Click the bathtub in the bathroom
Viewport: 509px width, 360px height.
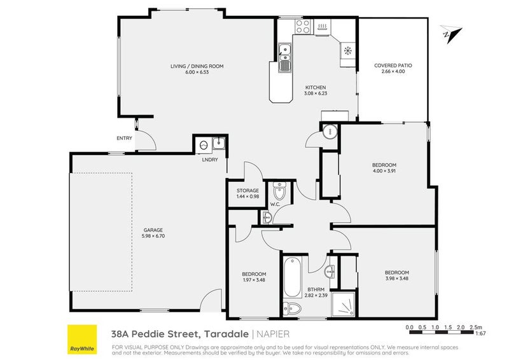[292, 277]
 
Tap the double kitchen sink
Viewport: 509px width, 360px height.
[285, 55]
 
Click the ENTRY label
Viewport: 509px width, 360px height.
[124, 139]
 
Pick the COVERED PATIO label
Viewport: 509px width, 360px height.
[393, 66]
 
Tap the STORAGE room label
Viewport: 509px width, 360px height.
[248, 190]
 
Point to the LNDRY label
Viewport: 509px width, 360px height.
[210, 160]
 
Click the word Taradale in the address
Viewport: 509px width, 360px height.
[226, 332]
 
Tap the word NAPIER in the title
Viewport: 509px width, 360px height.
[272, 332]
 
